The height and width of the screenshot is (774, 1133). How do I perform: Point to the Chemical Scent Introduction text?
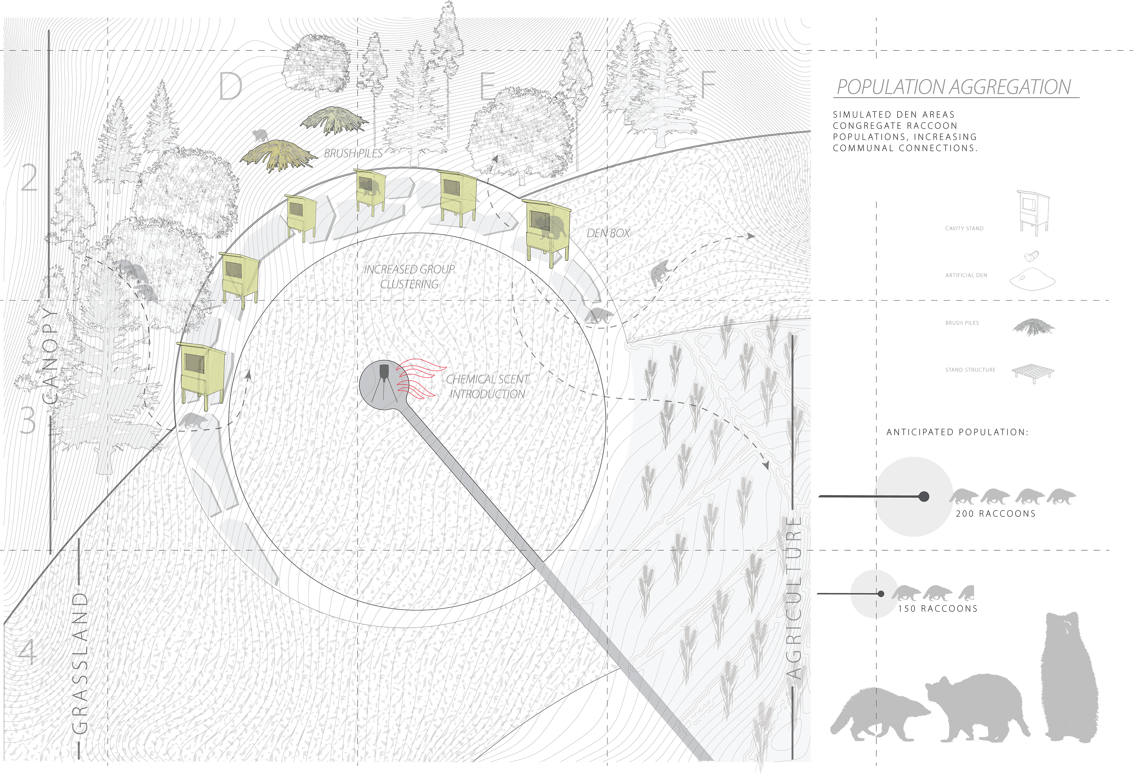point(487,386)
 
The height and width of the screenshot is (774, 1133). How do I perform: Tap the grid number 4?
point(28,651)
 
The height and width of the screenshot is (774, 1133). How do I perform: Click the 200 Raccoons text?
point(996,514)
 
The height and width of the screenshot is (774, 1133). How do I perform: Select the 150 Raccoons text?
point(937,609)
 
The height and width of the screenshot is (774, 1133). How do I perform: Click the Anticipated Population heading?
point(957,432)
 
